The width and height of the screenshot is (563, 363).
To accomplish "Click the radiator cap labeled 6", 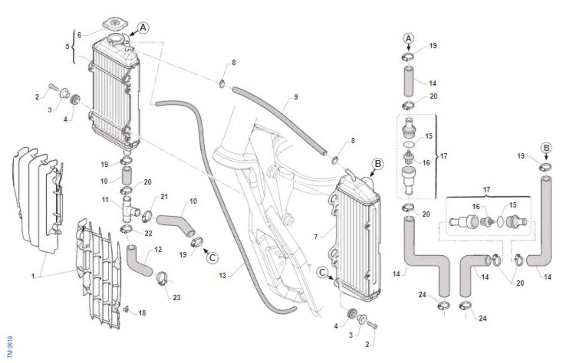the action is (x=115, y=24).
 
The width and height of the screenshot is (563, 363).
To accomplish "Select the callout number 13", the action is (x=222, y=276).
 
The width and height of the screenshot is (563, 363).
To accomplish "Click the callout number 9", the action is (x=296, y=97).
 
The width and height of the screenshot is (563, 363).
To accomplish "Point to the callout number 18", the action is (x=142, y=313).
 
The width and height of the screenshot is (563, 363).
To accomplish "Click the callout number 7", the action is (x=316, y=237).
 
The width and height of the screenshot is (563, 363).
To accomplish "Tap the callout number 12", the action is (x=158, y=250).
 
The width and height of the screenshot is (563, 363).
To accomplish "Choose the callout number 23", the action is (x=177, y=298).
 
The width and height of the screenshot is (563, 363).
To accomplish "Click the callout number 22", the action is (x=148, y=234).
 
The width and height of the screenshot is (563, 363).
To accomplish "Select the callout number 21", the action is (x=164, y=197).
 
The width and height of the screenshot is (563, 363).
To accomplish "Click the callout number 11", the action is (x=105, y=200).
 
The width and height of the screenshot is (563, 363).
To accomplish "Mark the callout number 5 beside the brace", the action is (x=67, y=46).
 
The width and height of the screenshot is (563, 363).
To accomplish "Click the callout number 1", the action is (x=33, y=276).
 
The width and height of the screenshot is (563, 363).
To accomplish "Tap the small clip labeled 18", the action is (x=126, y=310).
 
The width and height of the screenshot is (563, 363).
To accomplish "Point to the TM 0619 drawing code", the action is (x=10, y=347).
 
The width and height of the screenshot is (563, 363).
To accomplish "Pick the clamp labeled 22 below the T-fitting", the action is (x=126, y=230).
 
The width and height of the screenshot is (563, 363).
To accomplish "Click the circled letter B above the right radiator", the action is (x=378, y=164).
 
